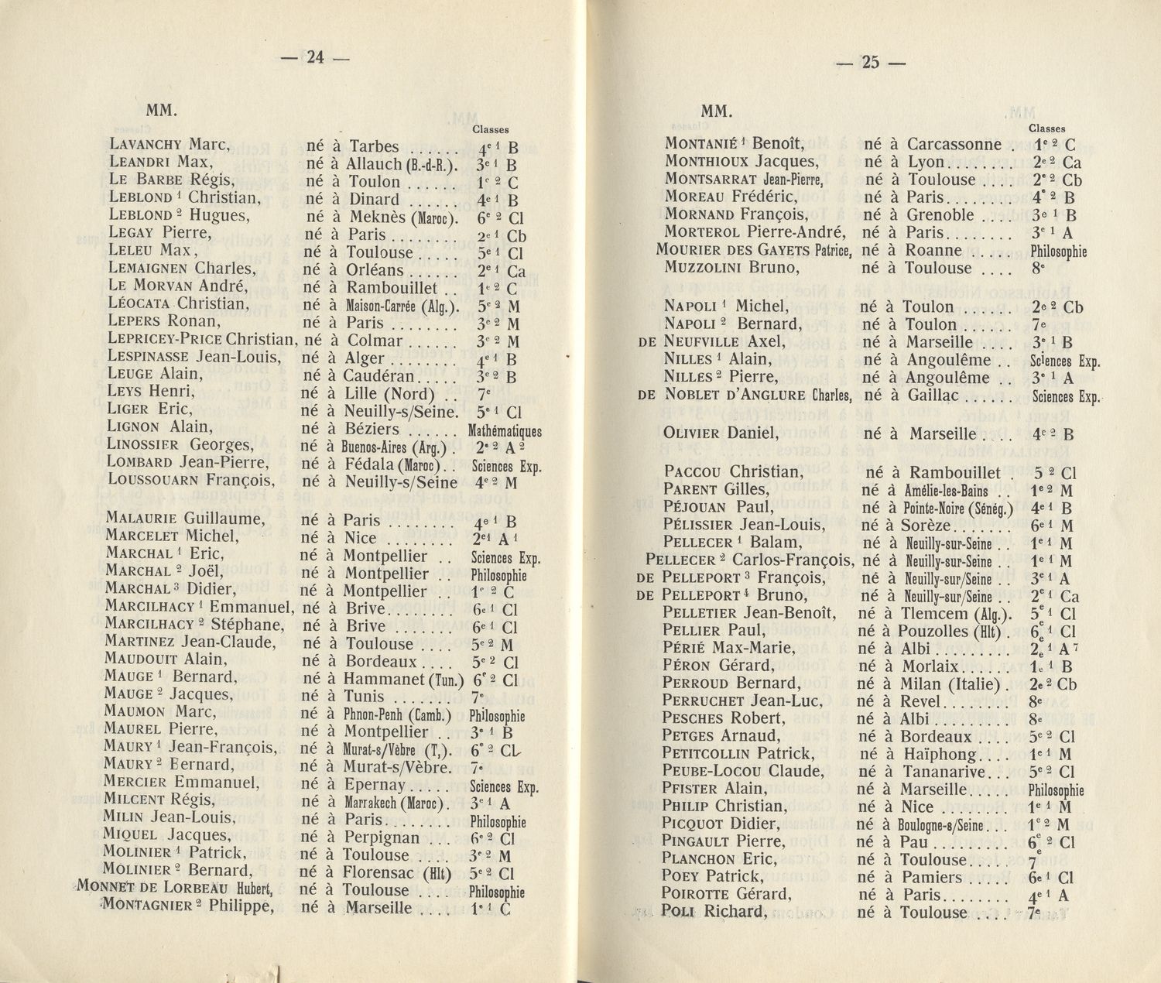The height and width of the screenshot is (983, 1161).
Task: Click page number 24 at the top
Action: point(315,57)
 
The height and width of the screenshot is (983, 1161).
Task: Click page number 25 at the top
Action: point(871,63)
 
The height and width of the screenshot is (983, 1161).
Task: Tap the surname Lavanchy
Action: point(146,144)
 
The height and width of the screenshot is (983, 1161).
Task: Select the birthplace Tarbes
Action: point(374,146)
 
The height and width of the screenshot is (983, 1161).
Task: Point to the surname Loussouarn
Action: point(154,481)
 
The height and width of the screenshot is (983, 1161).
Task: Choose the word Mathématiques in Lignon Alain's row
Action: point(505,431)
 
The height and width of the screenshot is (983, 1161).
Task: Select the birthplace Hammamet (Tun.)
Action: point(403,679)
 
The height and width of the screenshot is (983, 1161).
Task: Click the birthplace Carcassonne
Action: point(954,144)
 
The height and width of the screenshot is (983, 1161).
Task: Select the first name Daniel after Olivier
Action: point(752,433)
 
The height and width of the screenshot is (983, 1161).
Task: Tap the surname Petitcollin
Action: point(706,753)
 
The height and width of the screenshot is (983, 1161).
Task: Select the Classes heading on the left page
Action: point(490,129)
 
